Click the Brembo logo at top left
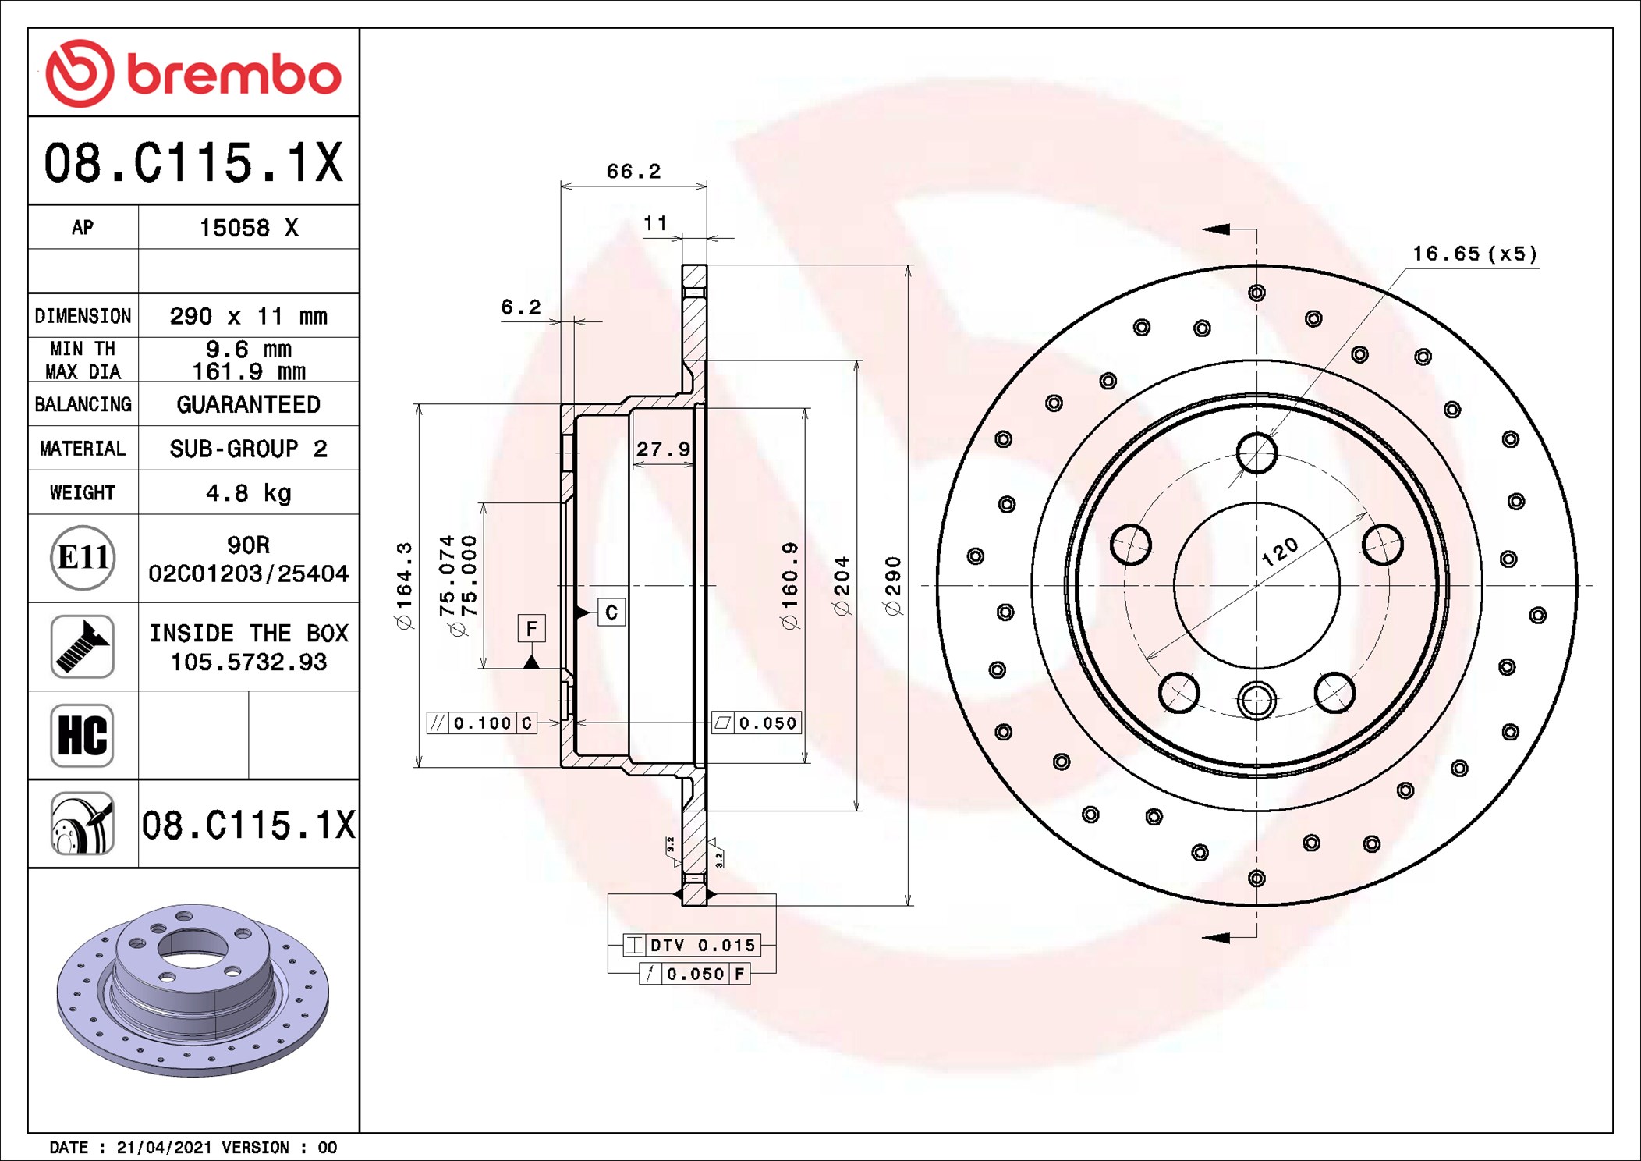tap(193, 73)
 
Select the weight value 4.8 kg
tap(248, 493)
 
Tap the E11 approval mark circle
tap(83, 557)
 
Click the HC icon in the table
tap(83, 735)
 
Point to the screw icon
tap(83, 646)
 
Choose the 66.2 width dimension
tap(633, 171)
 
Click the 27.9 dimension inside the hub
tap(663, 449)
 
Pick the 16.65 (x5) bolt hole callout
tap(1475, 254)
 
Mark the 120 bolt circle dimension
tap(1280, 552)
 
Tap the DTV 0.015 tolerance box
tap(691, 945)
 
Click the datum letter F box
tap(532, 628)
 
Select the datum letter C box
tap(611, 612)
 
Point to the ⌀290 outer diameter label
tap(893, 586)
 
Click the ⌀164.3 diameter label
tap(404, 586)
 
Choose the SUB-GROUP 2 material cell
tap(248, 449)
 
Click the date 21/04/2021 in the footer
tap(164, 1148)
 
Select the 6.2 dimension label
tap(520, 307)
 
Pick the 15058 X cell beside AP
tap(248, 228)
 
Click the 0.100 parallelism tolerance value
tap(482, 723)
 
